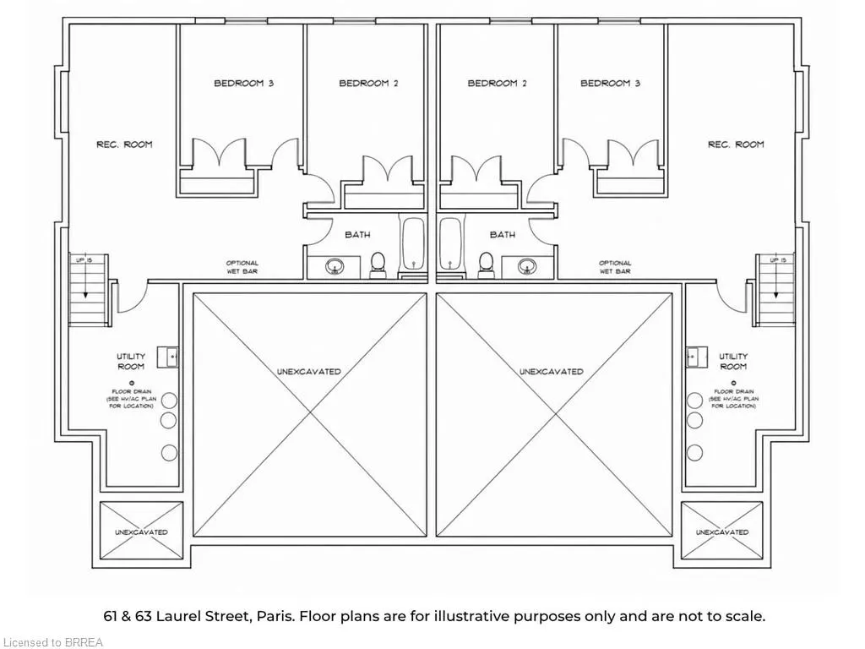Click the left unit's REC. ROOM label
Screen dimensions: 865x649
point(124,145)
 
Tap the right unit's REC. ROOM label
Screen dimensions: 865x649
point(736,145)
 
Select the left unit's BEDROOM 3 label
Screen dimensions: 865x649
point(244,84)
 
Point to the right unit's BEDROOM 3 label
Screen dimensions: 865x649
point(610,84)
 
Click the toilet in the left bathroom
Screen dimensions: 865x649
point(378,265)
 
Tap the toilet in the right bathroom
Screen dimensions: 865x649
point(486,265)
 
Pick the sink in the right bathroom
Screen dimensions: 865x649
point(527,267)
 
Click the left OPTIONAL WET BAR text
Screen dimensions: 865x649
point(242,267)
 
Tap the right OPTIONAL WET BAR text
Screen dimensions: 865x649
point(615,267)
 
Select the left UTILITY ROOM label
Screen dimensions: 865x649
point(131,362)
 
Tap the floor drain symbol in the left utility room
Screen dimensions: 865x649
point(131,383)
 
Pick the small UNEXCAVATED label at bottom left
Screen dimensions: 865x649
point(141,532)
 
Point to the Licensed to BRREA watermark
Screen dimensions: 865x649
point(52,642)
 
